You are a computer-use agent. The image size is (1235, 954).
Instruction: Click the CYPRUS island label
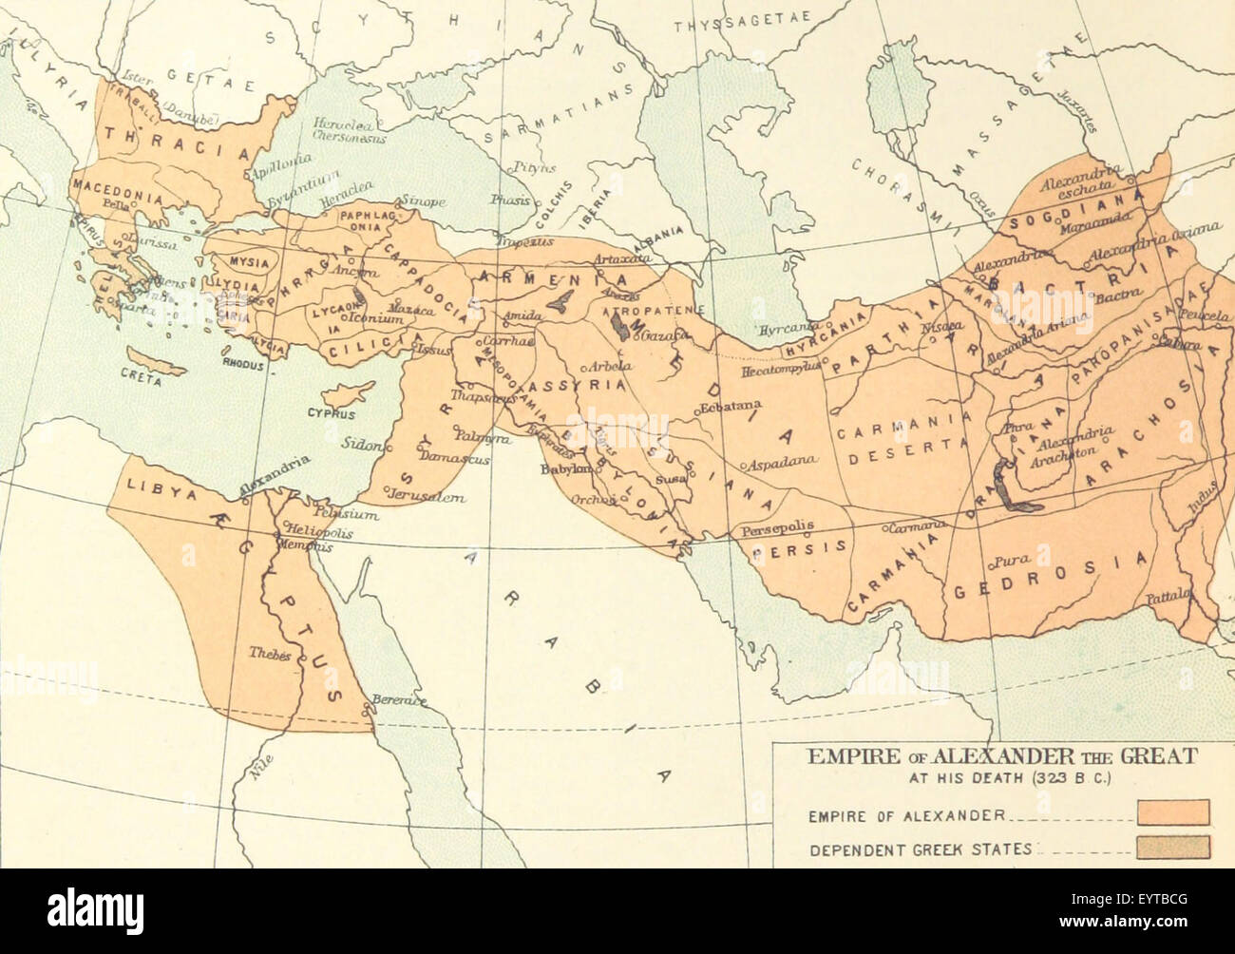[330, 414]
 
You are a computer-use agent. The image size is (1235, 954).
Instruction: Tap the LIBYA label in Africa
[147, 492]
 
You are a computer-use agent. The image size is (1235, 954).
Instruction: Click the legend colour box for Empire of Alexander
[1173, 812]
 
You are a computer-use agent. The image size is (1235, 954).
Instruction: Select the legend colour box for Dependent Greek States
[1173, 846]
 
